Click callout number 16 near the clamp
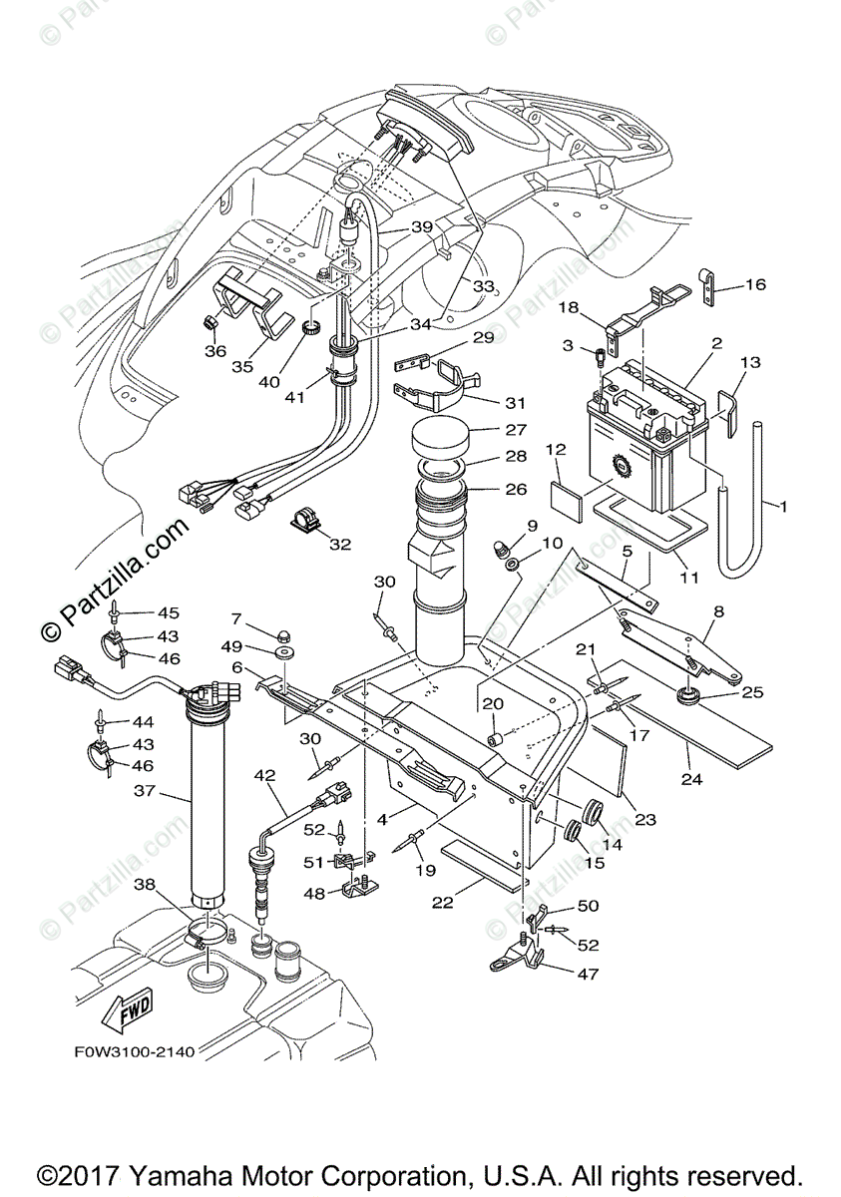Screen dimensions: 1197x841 tap(754, 285)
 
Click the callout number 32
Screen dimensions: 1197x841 tap(341, 544)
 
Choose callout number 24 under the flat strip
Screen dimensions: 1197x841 tap(690, 778)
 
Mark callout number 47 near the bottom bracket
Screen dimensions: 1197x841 tap(588, 973)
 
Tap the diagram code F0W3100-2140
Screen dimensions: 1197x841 tap(134, 1051)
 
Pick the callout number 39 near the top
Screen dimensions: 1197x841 tap(422, 227)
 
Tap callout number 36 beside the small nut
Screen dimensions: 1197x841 tap(216, 350)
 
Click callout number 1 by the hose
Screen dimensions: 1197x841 tap(783, 507)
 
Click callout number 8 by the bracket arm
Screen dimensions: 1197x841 tap(717, 610)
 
